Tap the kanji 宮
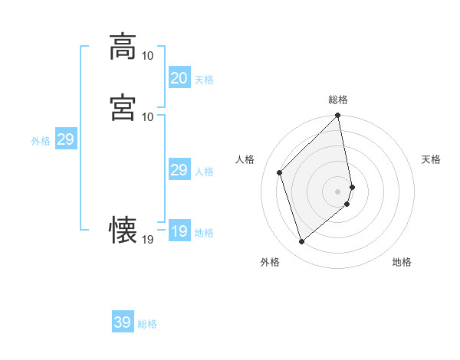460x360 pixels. (x=123, y=106)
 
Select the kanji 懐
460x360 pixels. (x=123, y=229)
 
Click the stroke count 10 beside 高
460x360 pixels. (x=148, y=56)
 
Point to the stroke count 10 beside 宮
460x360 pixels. (x=148, y=116)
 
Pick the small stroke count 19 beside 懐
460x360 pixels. (x=148, y=240)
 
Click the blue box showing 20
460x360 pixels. (x=179, y=78)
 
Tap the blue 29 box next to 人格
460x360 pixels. (x=179, y=170)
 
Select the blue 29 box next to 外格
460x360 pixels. (x=65, y=139)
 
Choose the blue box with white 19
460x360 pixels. (x=179, y=231)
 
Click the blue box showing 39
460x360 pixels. (x=122, y=322)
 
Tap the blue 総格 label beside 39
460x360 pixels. (x=147, y=324)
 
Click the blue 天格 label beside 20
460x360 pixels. (x=204, y=80)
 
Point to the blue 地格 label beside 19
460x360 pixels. (x=204, y=233)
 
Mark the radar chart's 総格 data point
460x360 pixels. (x=338, y=116)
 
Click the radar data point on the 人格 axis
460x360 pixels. (x=280, y=172)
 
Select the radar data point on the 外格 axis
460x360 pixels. (x=301, y=242)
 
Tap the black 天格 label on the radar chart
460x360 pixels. (x=431, y=159)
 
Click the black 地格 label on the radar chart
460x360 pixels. (x=402, y=263)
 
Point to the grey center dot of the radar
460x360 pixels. (x=338, y=191)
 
